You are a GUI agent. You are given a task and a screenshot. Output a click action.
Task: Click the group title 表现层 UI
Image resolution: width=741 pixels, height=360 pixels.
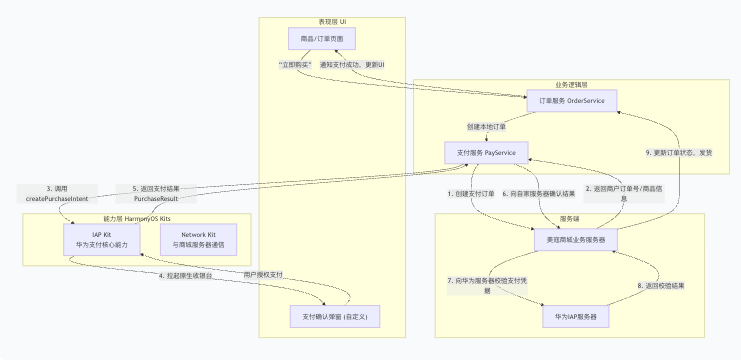[x=332, y=22]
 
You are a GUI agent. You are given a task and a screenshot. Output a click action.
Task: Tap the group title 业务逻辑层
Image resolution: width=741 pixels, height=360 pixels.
[x=571, y=84]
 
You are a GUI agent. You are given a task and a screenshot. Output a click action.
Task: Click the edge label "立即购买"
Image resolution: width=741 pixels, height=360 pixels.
[x=296, y=66]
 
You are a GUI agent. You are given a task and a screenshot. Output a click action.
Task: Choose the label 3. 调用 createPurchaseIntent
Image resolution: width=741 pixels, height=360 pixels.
[x=57, y=194]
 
